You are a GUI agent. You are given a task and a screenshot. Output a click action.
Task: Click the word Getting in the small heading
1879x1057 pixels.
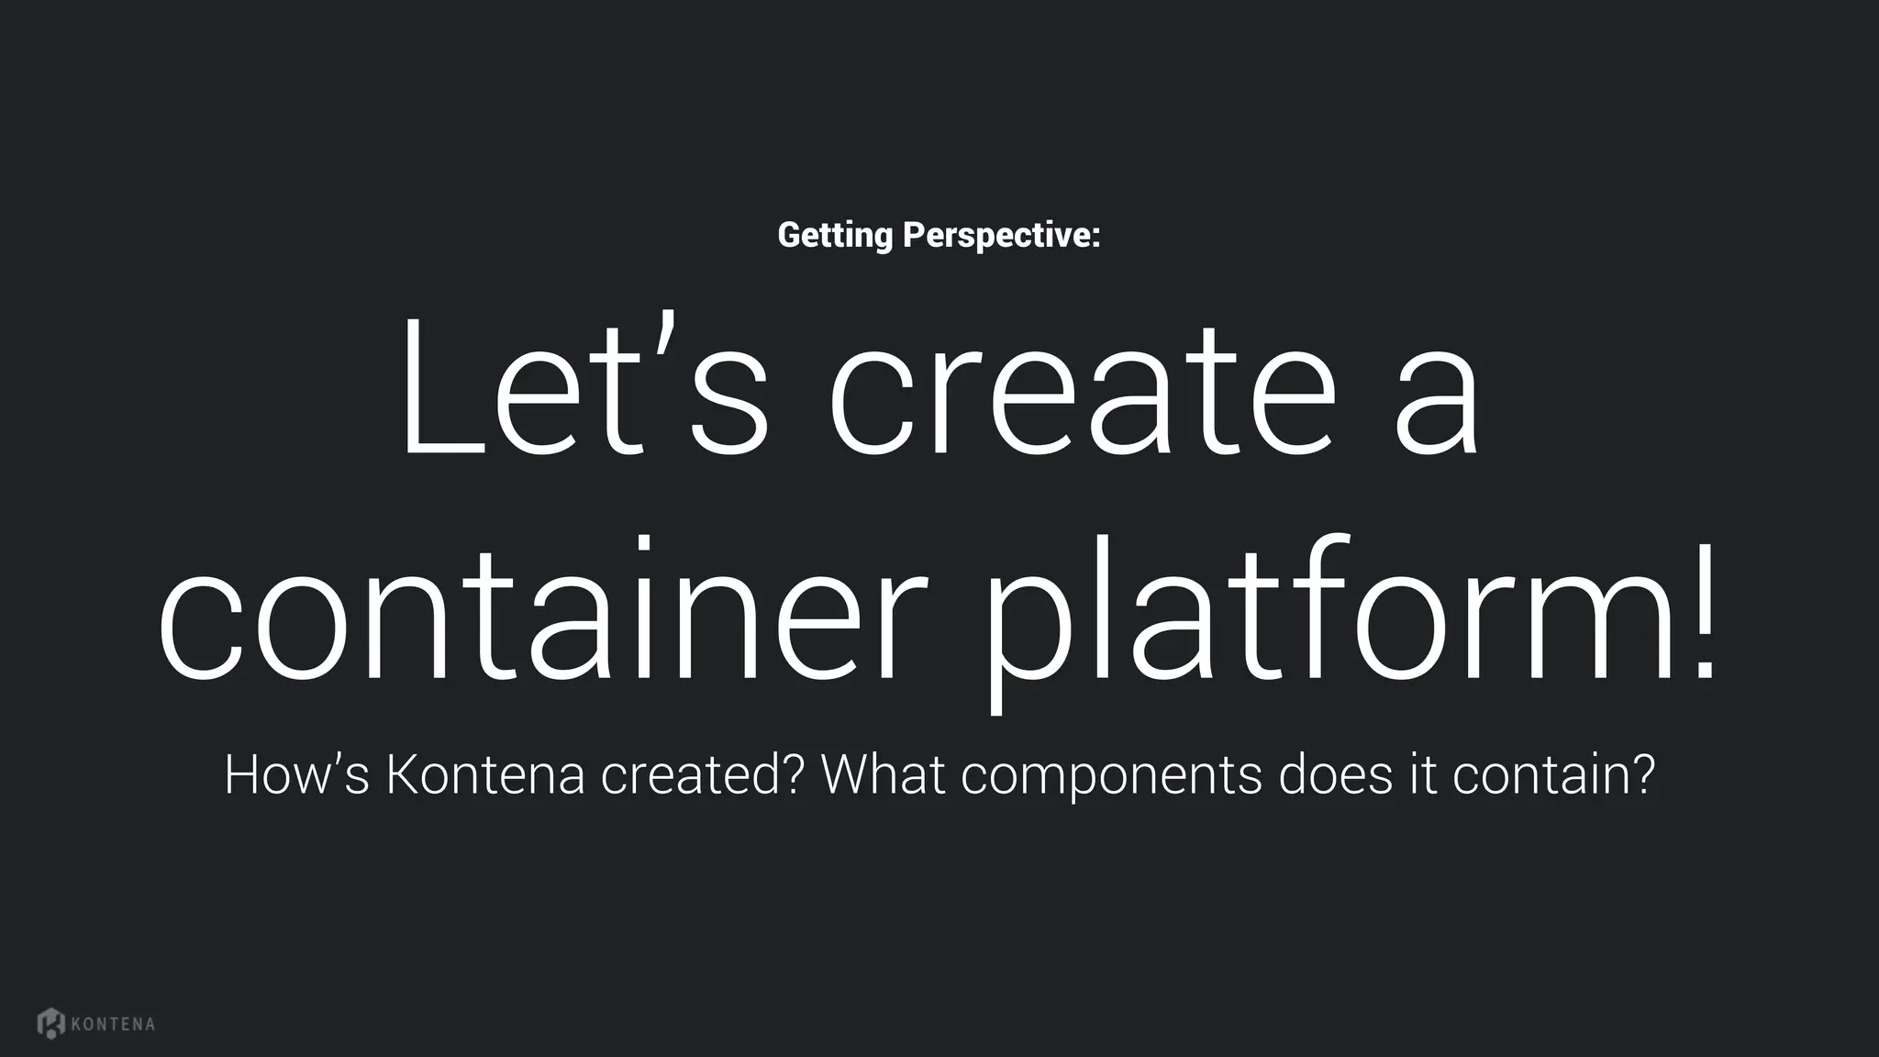[834, 236]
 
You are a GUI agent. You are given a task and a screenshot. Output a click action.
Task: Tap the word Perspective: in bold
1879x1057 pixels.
[1001, 236]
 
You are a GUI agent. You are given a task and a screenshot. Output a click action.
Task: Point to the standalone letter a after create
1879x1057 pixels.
[1436, 404]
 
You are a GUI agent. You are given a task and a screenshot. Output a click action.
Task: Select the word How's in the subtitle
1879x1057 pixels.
[296, 774]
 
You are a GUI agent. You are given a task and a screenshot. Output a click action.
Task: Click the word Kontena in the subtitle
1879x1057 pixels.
[484, 774]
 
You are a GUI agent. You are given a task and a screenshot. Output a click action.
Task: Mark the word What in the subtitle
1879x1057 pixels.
[883, 774]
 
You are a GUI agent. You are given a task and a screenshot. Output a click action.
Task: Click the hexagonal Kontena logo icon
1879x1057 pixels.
[51, 1023]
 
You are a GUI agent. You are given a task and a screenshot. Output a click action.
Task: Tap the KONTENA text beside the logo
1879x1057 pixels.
[113, 1024]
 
